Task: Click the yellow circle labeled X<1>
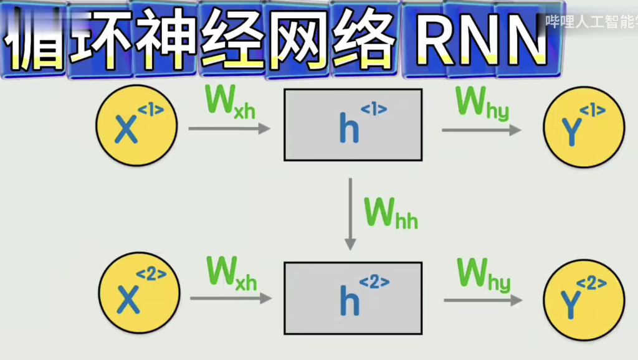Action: click(x=136, y=126)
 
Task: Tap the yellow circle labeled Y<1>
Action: click(x=584, y=127)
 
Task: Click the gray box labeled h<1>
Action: click(x=353, y=125)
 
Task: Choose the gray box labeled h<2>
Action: click(x=353, y=298)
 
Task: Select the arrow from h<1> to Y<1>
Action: click(x=481, y=130)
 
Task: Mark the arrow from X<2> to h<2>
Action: click(x=231, y=298)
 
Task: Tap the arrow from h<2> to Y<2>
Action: click(x=483, y=300)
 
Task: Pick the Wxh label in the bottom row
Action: click(x=231, y=274)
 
